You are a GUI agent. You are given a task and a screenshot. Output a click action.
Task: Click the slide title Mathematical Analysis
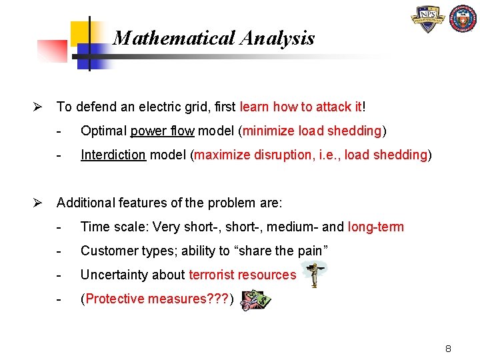tap(213, 38)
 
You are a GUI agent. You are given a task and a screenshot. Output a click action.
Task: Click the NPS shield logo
tap(428, 21)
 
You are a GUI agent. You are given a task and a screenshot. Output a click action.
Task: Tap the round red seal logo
tap(463, 20)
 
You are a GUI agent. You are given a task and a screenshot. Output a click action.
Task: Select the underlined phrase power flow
tap(161, 131)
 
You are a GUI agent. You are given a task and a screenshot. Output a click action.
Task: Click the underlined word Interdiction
tap(113, 155)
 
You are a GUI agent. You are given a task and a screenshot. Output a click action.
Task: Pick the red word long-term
tap(375, 227)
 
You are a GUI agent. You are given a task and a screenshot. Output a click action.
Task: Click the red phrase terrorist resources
tap(242, 275)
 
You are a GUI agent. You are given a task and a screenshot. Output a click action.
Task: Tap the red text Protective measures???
tap(157, 299)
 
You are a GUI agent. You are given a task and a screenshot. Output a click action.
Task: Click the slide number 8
tap(449, 349)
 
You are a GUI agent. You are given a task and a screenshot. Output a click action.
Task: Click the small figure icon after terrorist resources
tap(312, 274)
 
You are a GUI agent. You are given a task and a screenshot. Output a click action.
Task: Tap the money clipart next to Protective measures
tap(255, 301)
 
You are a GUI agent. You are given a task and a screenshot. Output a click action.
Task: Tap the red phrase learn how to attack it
tap(301, 107)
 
